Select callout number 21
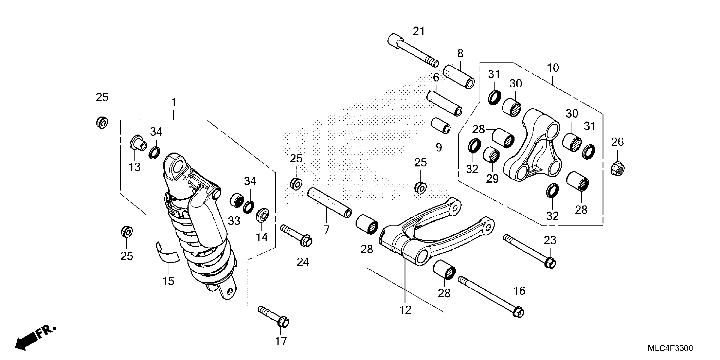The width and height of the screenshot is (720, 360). (x=418, y=32)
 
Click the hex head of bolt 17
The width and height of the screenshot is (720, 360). (x=283, y=322)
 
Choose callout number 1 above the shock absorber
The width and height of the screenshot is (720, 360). (x=174, y=102)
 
